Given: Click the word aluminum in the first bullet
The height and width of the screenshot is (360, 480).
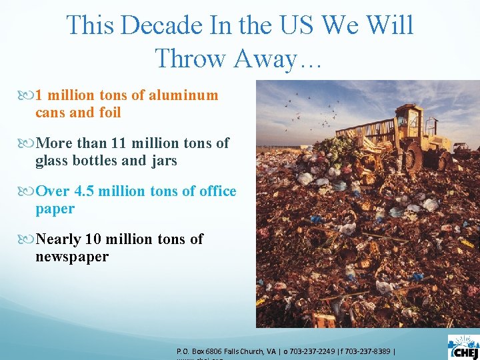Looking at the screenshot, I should pos(183,95).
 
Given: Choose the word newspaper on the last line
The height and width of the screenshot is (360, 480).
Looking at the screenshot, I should pos(72,257).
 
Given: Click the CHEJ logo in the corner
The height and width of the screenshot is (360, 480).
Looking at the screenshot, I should pos(463,347).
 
